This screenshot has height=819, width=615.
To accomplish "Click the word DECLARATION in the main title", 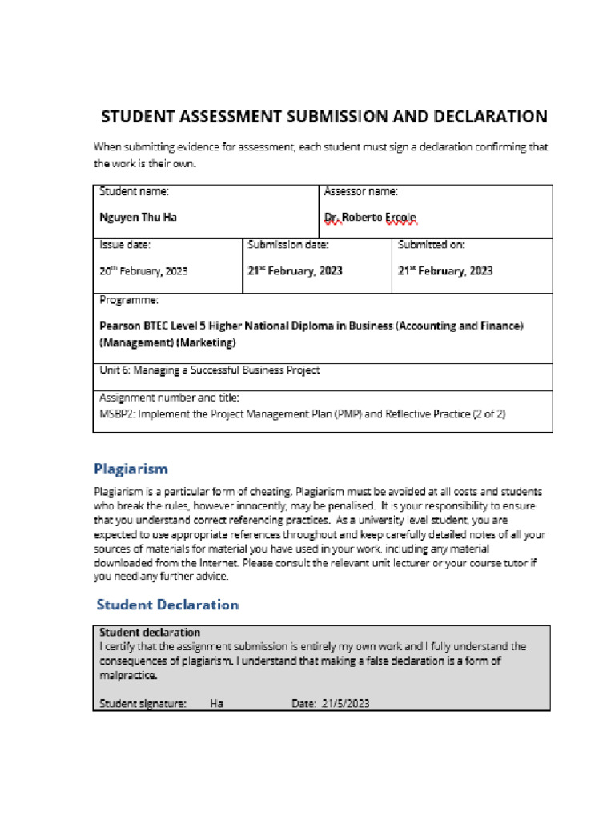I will [491, 117].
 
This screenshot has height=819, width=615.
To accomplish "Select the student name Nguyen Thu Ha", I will [138, 218].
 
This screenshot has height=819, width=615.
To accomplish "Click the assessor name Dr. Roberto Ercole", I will [370, 218].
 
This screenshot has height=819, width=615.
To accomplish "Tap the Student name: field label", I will [134, 191].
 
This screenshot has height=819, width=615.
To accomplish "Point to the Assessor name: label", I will [361, 191].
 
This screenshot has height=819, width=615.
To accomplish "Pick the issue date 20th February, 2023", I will [143, 271].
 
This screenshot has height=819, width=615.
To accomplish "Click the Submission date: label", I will [288, 245].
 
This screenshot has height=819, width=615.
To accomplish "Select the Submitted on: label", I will [432, 245].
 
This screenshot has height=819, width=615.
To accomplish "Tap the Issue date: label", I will [125, 245].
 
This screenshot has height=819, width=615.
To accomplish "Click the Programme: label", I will [129, 300].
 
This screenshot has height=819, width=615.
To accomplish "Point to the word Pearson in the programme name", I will [120, 326].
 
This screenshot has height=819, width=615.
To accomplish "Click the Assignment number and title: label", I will [169, 398].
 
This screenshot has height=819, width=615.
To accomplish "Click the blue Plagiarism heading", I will [131, 469].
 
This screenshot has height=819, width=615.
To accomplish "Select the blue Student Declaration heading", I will [167, 605].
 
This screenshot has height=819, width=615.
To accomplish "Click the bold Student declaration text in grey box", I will [149, 633].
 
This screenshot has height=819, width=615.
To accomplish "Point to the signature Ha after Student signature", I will [216, 704].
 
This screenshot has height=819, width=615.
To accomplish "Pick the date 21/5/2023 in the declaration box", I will [346, 704].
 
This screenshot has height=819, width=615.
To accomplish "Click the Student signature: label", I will [143, 704].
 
